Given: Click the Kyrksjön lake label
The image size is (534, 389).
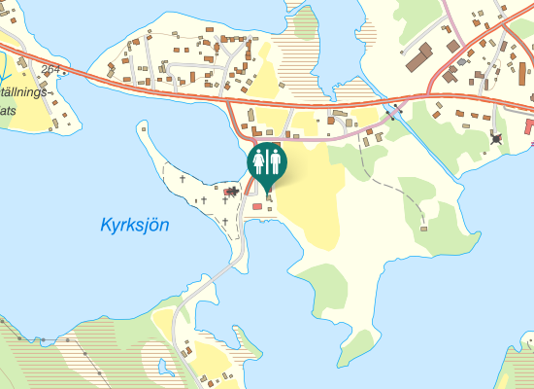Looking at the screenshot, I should (135, 225).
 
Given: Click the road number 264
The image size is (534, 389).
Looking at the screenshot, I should (50, 68).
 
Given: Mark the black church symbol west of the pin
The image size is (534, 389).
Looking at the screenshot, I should (233, 191).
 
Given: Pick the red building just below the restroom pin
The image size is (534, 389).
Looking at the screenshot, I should (257, 206).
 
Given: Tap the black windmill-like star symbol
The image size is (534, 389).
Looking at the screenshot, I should (497, 138).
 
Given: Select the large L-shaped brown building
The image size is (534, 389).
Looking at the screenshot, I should (419, 56).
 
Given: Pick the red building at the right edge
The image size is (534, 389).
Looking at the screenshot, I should (529, 126).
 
